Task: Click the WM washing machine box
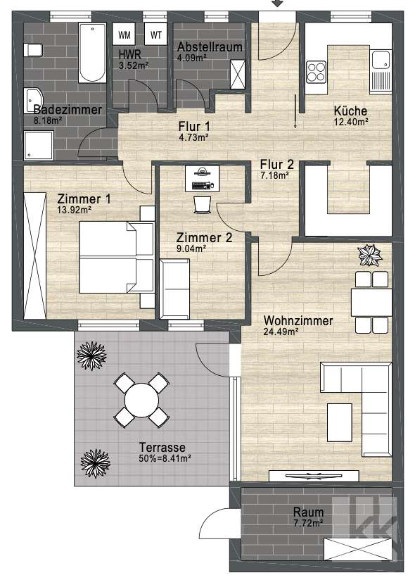124,34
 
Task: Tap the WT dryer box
156,34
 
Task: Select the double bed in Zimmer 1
117,258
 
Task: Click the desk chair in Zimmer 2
202,203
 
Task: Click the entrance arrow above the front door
279,4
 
